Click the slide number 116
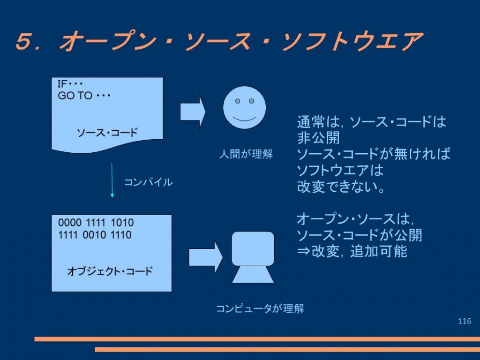coord(465,321)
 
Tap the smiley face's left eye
coord(237,101)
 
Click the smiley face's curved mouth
coord(244,118)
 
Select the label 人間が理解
coord(246,154)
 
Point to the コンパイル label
coord(148,182)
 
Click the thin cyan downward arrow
coord(112,180)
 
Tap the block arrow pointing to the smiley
coord(193,112)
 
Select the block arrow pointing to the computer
coord(206,257)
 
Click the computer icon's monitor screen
coord(253,248)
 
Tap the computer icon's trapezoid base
coord(253,275)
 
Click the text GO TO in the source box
coord(75,96)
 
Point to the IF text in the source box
coord(62,83)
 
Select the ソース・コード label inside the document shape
coord(107,133)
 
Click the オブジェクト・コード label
coord(110,271)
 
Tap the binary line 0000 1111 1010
coord(96,223)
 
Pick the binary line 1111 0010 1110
coord(95,235)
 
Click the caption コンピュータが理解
coord(260,308)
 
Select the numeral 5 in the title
coord(23,41)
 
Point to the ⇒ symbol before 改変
coord(303,252)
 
